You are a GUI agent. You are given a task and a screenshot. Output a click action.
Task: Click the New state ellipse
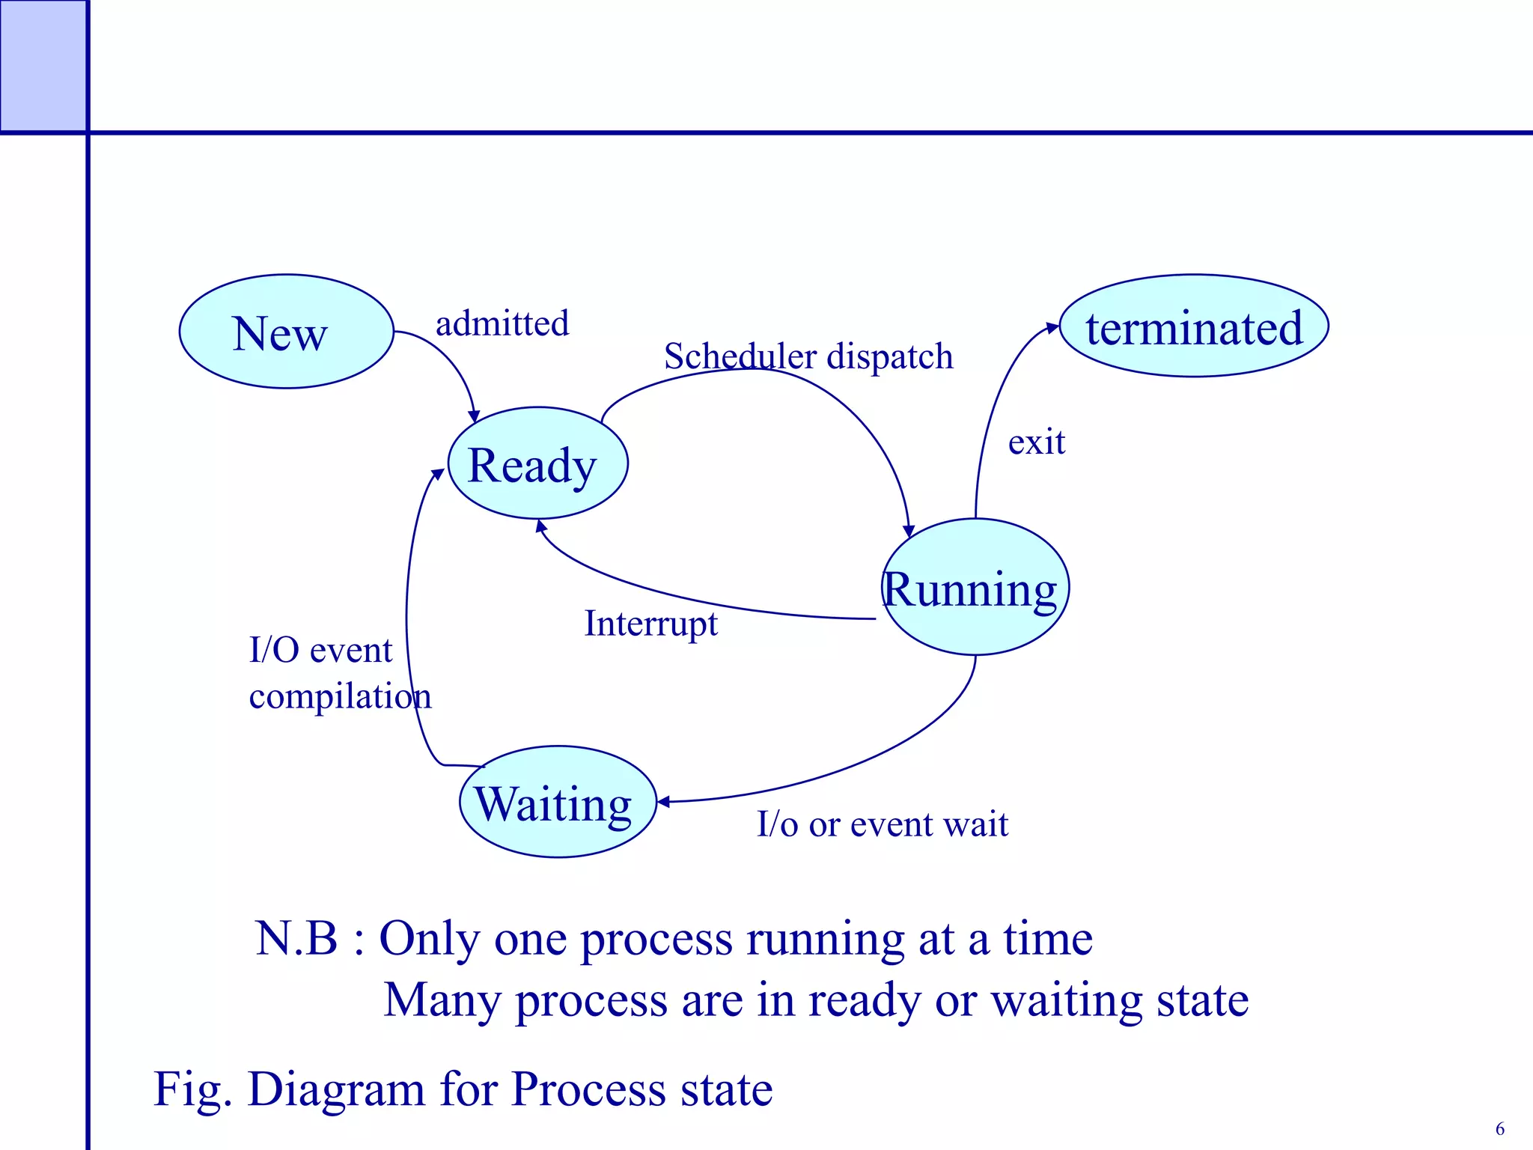pos(286,332)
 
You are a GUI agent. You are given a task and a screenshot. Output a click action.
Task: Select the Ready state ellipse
pos(537,463)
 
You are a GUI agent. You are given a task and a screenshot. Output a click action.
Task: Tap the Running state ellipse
pos(975,588)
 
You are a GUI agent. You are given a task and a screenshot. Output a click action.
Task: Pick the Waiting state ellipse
pos(558,803)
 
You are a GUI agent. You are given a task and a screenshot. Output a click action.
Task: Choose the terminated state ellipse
pos(1194,326)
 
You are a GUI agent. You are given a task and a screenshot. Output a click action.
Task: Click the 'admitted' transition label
pos(502,323)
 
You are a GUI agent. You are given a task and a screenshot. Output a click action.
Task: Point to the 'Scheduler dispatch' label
pos(808,356)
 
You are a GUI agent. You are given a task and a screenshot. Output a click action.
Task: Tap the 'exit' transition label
pos(1036,442)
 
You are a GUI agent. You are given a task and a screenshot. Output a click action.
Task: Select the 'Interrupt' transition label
pos(650,624)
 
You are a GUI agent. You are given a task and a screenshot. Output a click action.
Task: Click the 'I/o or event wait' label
pos(883,824)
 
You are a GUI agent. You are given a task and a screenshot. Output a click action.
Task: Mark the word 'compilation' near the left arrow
pos(340,697)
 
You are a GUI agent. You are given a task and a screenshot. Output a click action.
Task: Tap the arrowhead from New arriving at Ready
pos(474,416)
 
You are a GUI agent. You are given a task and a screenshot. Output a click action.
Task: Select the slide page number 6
pos(1499,1128)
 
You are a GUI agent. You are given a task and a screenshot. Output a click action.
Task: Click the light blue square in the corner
pos(43,66)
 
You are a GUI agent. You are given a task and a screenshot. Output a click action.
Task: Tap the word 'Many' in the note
pos(442,1000)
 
